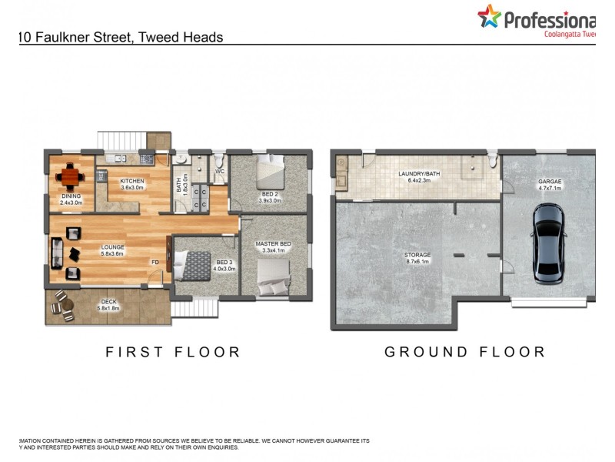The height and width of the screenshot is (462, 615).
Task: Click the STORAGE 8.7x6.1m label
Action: (x=417, y=259)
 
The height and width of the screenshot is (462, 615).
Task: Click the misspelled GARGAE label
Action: (x=550, y=182)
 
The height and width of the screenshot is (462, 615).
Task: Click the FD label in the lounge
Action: (x=155, y=262)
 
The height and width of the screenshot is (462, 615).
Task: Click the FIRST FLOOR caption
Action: (x=173, y=352)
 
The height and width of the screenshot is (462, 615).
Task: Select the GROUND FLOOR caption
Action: (x=464, y=352)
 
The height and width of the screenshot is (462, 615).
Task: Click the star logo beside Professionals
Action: (x=489, y=16)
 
